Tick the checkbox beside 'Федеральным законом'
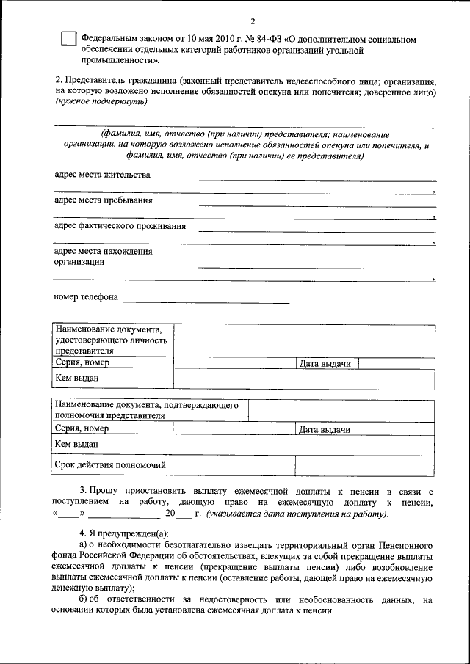coord(68,40)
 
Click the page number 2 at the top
coord(251,20)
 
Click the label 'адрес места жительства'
coord(103,175)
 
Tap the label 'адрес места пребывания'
coord(104,200)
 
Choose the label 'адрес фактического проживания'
coord(120,226)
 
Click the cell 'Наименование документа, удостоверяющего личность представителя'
coord(112,340)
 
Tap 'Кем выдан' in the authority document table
coord(76,444)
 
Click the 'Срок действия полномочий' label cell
coord(110,464)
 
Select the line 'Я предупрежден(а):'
coord(129,532)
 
